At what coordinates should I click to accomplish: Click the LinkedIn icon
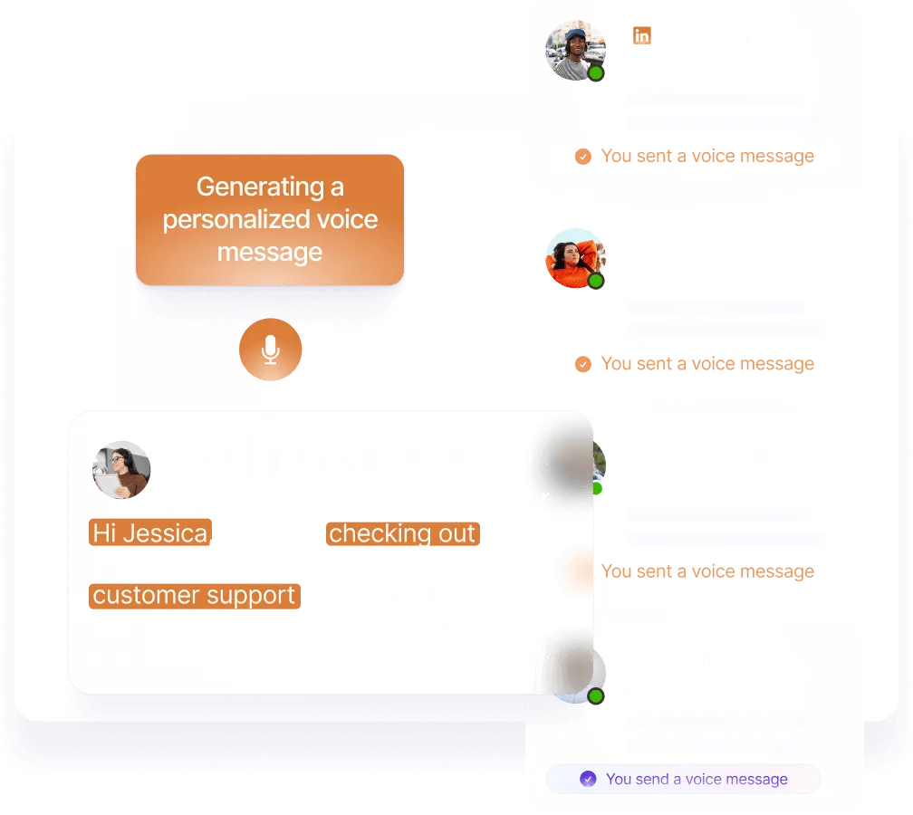641,35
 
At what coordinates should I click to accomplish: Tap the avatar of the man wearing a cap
574,49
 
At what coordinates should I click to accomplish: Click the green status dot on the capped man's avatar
596,73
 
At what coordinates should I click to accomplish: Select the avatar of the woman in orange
574,257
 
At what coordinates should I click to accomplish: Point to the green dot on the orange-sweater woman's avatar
596,281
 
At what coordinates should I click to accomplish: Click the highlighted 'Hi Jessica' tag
150,533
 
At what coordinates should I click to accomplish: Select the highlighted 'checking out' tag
402,533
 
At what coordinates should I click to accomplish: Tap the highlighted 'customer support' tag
195,595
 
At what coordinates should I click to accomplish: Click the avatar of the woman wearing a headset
121,470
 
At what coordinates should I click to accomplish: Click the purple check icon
588,779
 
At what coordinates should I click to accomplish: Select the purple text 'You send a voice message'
697,779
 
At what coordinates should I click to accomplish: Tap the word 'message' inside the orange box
270,252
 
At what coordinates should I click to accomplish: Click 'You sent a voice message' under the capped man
707,156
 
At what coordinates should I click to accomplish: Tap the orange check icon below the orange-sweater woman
583,364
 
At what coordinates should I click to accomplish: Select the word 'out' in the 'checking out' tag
456,533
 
